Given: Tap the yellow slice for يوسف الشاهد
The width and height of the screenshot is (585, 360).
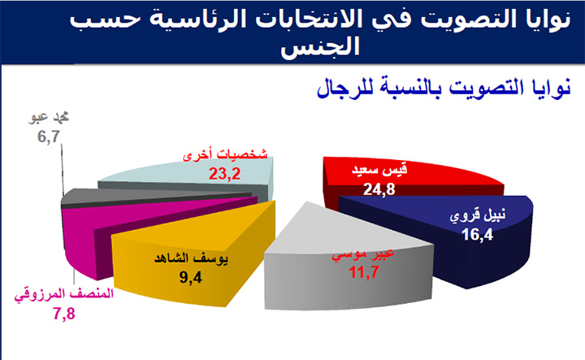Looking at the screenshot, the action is pyautogui.click(x=194, y=258).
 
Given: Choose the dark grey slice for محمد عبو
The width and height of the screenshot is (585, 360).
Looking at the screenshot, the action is pyautogui.click(x=149, y=196).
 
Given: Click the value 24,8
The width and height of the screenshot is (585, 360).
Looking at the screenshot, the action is pyautogui.click(x=379, y=189).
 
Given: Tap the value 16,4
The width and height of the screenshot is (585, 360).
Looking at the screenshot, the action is pyautogui.click(x=477, y=235).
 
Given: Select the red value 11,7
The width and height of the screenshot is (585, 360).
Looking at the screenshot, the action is pyautogui.click(x=364, y=272).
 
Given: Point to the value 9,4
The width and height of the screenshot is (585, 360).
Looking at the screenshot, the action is pyautogui.click(x=191, y=277).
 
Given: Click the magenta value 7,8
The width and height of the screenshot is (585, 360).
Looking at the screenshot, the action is pyautogui.click(x=64, y=314).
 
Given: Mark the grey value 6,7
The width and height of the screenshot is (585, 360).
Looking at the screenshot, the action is pyautogui.click(x=49, y=137).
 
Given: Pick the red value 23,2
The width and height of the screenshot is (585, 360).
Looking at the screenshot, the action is pyautogui.click(x=224, y=173).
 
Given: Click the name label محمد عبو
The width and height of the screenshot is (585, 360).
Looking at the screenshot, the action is pyautogui.click(x=49, y=118).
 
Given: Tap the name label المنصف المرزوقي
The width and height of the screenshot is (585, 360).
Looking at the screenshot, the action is pyautogui.click(x=64, y=295).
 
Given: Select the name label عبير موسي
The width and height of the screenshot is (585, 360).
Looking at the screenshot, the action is pyautogui.click(x=364, y=254).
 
